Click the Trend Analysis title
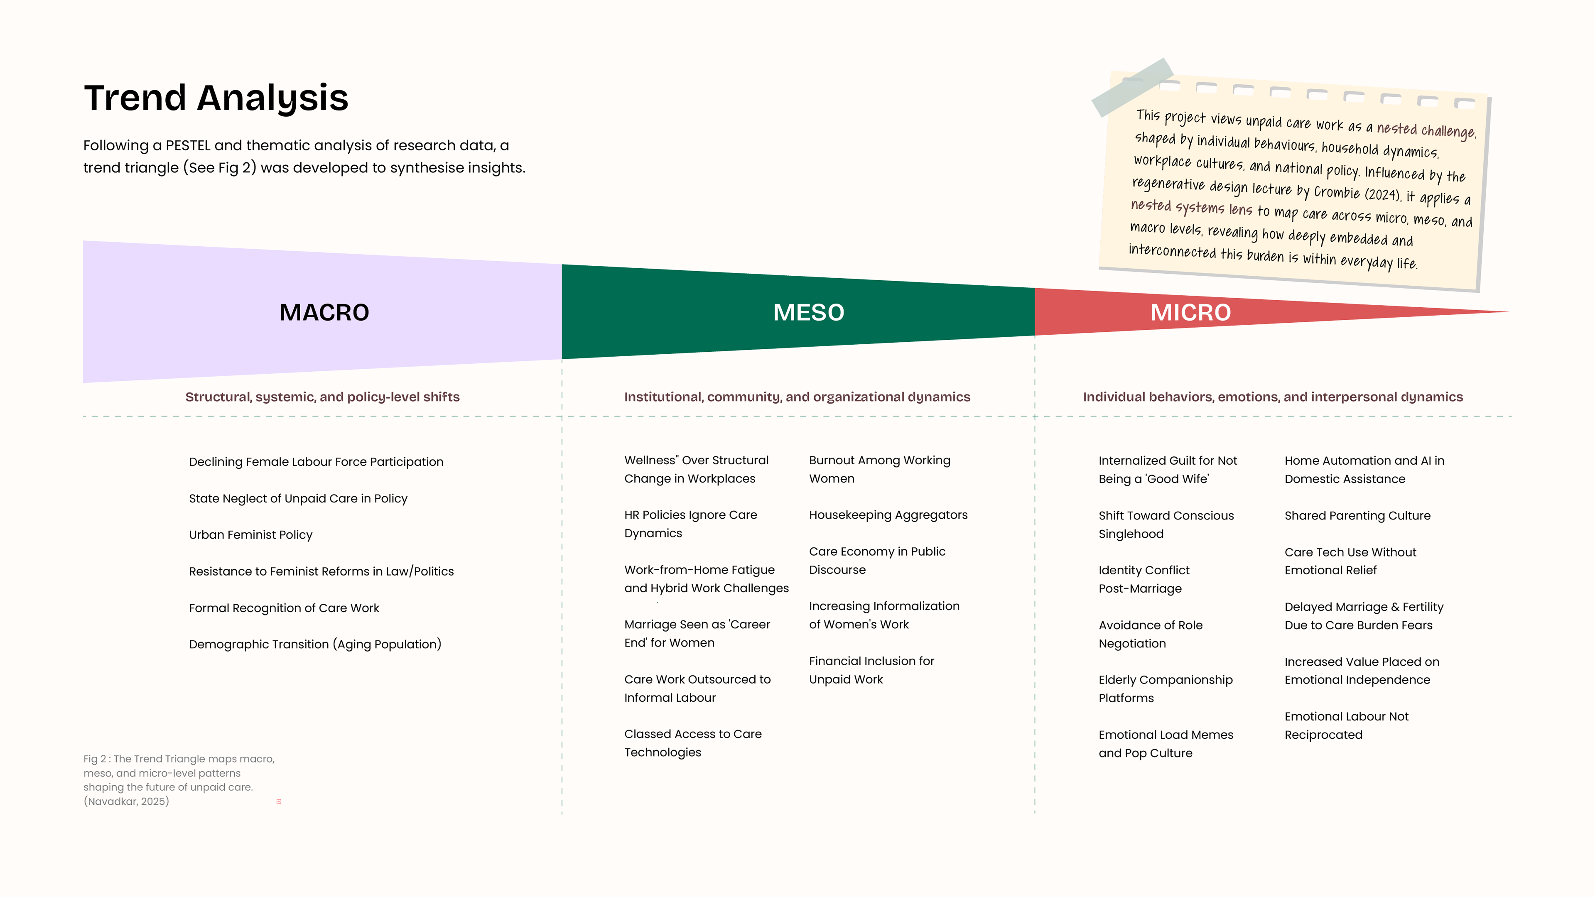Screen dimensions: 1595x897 [x=216, y=98]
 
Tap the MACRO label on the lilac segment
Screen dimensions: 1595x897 [x=324, y=313]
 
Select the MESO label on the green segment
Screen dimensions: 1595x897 [x=809, y=313]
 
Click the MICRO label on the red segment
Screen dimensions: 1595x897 [x=1190, y=313]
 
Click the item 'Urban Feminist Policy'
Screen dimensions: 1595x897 [x=251, y=535]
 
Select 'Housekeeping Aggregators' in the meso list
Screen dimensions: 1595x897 [x=888, y=515]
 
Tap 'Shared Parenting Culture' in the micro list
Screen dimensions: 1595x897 [x=1357, y=516]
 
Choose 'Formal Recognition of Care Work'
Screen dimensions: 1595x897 [x=284, y=608]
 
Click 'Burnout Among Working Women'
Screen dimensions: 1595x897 [x=879, y=469]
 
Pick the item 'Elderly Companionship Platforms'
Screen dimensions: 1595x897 [x=1165, y=689]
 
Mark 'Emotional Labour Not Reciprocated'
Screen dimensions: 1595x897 [x=1346, y=725]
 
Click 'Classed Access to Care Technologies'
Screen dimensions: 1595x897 [x=693, y=743]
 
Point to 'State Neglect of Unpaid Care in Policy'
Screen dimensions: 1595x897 [x=298, y=498]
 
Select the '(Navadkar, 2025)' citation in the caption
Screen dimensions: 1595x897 [x=126, y=801]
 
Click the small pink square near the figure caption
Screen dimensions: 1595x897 [x=279, y=801]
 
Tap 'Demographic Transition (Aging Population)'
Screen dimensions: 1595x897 [x=315, y=645]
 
